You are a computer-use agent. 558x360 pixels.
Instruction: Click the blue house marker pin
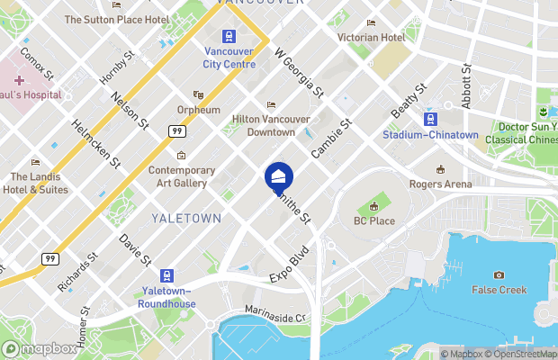[x=278, y=175]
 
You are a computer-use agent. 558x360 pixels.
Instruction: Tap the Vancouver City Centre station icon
[x=228, y=37]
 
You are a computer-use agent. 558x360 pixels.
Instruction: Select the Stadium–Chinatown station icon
[x=431, y=119]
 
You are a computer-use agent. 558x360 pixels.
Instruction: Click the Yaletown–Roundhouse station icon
[x=166, y=275]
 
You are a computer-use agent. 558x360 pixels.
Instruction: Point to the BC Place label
[x=373, y=220]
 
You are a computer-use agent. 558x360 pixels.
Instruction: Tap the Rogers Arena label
[x=440, y=184]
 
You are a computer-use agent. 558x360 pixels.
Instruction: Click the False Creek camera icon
[x=499, y=274]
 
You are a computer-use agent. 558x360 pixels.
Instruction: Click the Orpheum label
[x=198, y=110]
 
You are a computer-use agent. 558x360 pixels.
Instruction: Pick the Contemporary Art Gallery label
[x=182, y=175]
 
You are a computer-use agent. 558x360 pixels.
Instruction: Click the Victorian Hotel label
[x=371, y=38]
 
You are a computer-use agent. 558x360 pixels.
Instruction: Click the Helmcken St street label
[x=96, y=144]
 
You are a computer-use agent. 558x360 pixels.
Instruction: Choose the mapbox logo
[x=40, y=348]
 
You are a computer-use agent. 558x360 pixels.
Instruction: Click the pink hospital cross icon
[x=18, y=81]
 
